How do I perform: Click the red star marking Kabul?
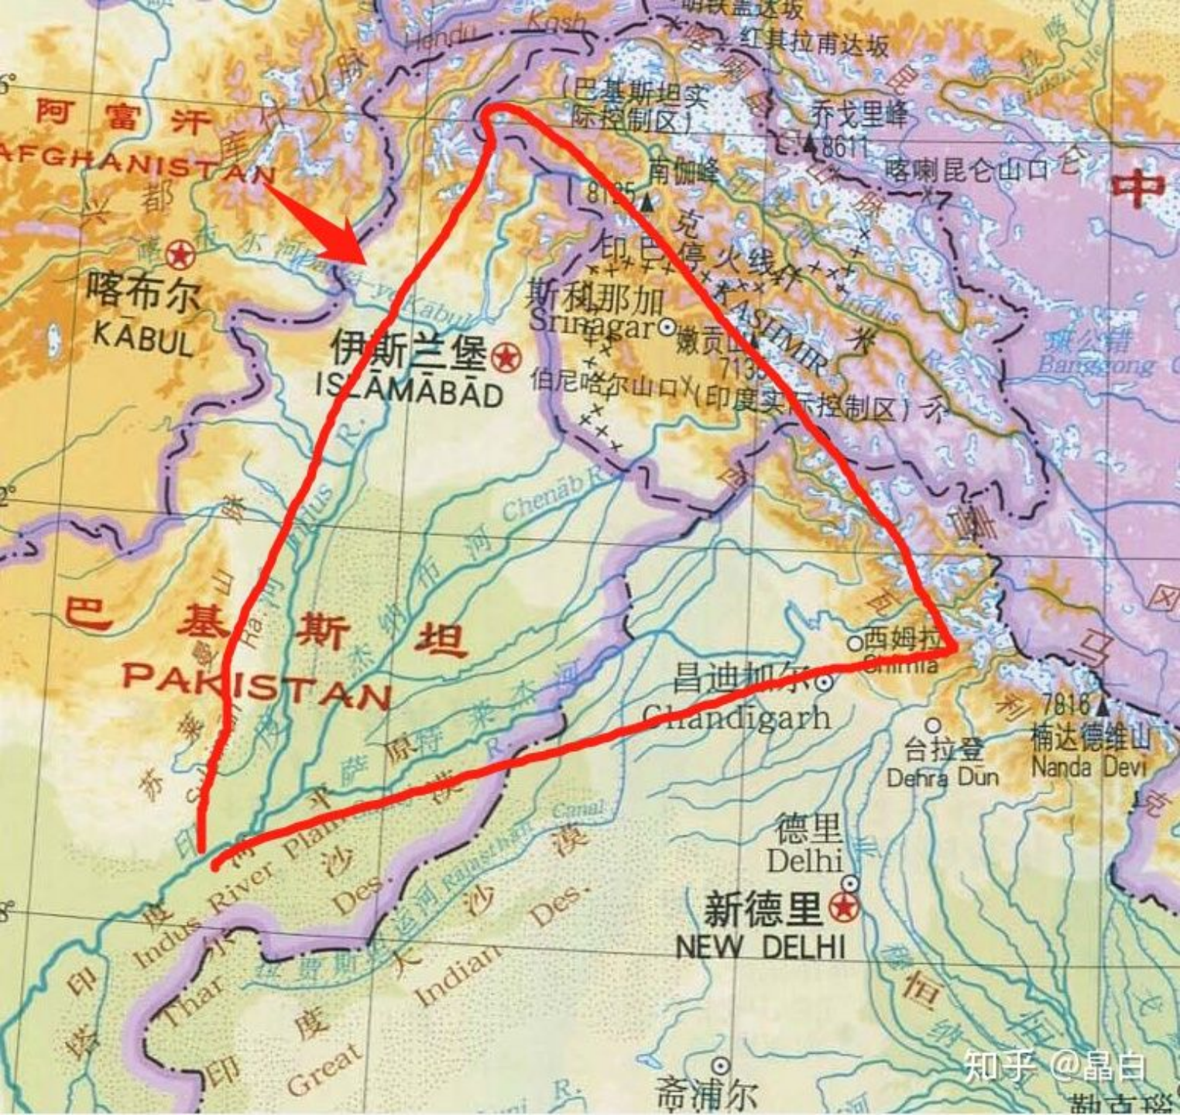point(180,253)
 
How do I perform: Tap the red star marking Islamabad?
point(506,357)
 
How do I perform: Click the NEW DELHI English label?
point(760,946)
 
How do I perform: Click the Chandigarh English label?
point(736,717)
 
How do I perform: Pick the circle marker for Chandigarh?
point(825,682)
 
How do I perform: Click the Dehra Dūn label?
point(942,777)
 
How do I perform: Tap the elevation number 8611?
point(846,146)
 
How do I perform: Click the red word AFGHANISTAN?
point(135,160)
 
